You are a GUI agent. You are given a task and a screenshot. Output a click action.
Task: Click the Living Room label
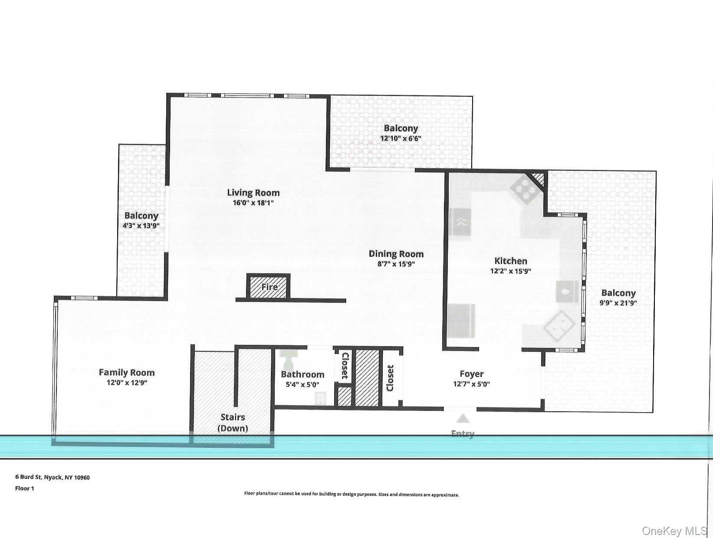click(253, 193)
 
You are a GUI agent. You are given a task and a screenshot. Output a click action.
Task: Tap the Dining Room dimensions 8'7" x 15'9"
click(396, 264)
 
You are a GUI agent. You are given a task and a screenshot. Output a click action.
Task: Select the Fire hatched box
click(268, 286)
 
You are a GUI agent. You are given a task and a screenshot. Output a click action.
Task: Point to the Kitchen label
click(511, 261)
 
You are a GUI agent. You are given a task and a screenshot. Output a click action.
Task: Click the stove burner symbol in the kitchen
click(524, 189)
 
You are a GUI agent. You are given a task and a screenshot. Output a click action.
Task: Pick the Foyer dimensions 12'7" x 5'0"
click(471, 384)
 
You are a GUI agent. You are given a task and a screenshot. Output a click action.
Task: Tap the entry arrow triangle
click(463, 418)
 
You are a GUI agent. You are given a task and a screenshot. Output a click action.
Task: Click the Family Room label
click(127, 372)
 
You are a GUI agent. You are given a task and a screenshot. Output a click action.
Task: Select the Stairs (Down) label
click(233, 423)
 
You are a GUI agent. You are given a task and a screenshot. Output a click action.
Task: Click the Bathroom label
click(302, 374)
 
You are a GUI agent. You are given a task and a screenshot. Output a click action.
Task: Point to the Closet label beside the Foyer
click(390, 378)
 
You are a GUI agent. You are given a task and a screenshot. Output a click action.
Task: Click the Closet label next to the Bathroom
click(345, 366)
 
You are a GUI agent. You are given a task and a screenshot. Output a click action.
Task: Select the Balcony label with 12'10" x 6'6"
click(401, 128)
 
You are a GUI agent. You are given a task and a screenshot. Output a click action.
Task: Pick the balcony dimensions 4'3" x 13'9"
click(141, 226)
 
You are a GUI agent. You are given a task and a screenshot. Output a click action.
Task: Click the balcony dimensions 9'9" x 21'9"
click(618, 303)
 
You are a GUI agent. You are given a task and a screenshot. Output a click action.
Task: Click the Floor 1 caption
click(24, 489)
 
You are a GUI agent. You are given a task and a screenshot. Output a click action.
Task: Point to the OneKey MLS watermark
click(674, 531)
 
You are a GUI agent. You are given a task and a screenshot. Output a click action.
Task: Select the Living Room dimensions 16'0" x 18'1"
click(253, 203)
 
